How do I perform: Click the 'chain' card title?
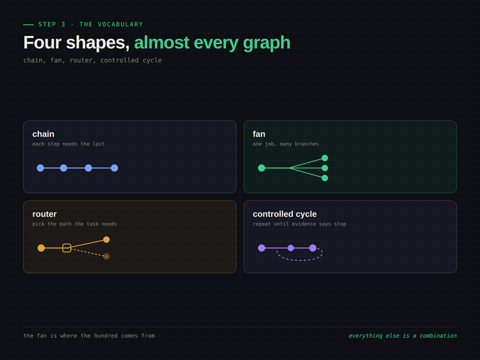coord(43,134)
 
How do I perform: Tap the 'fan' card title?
coord(259,134)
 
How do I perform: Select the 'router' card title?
coord(44,214)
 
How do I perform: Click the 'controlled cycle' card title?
coord(284,214)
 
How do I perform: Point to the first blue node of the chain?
coord(40,168)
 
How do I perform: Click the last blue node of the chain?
coord(114,168)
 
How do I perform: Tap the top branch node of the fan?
coord(325,158)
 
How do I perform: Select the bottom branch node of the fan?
coord(325,178)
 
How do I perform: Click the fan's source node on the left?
coord(262,168)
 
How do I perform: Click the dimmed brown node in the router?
coord(106,256)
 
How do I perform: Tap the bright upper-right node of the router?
coord(106,240)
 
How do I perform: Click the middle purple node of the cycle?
coord(291,248)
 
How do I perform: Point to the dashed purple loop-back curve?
coord(300,260)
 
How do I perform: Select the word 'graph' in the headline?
coord(266,43)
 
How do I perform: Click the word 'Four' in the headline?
coord(42,42)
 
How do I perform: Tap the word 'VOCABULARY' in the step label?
coord(120,24)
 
